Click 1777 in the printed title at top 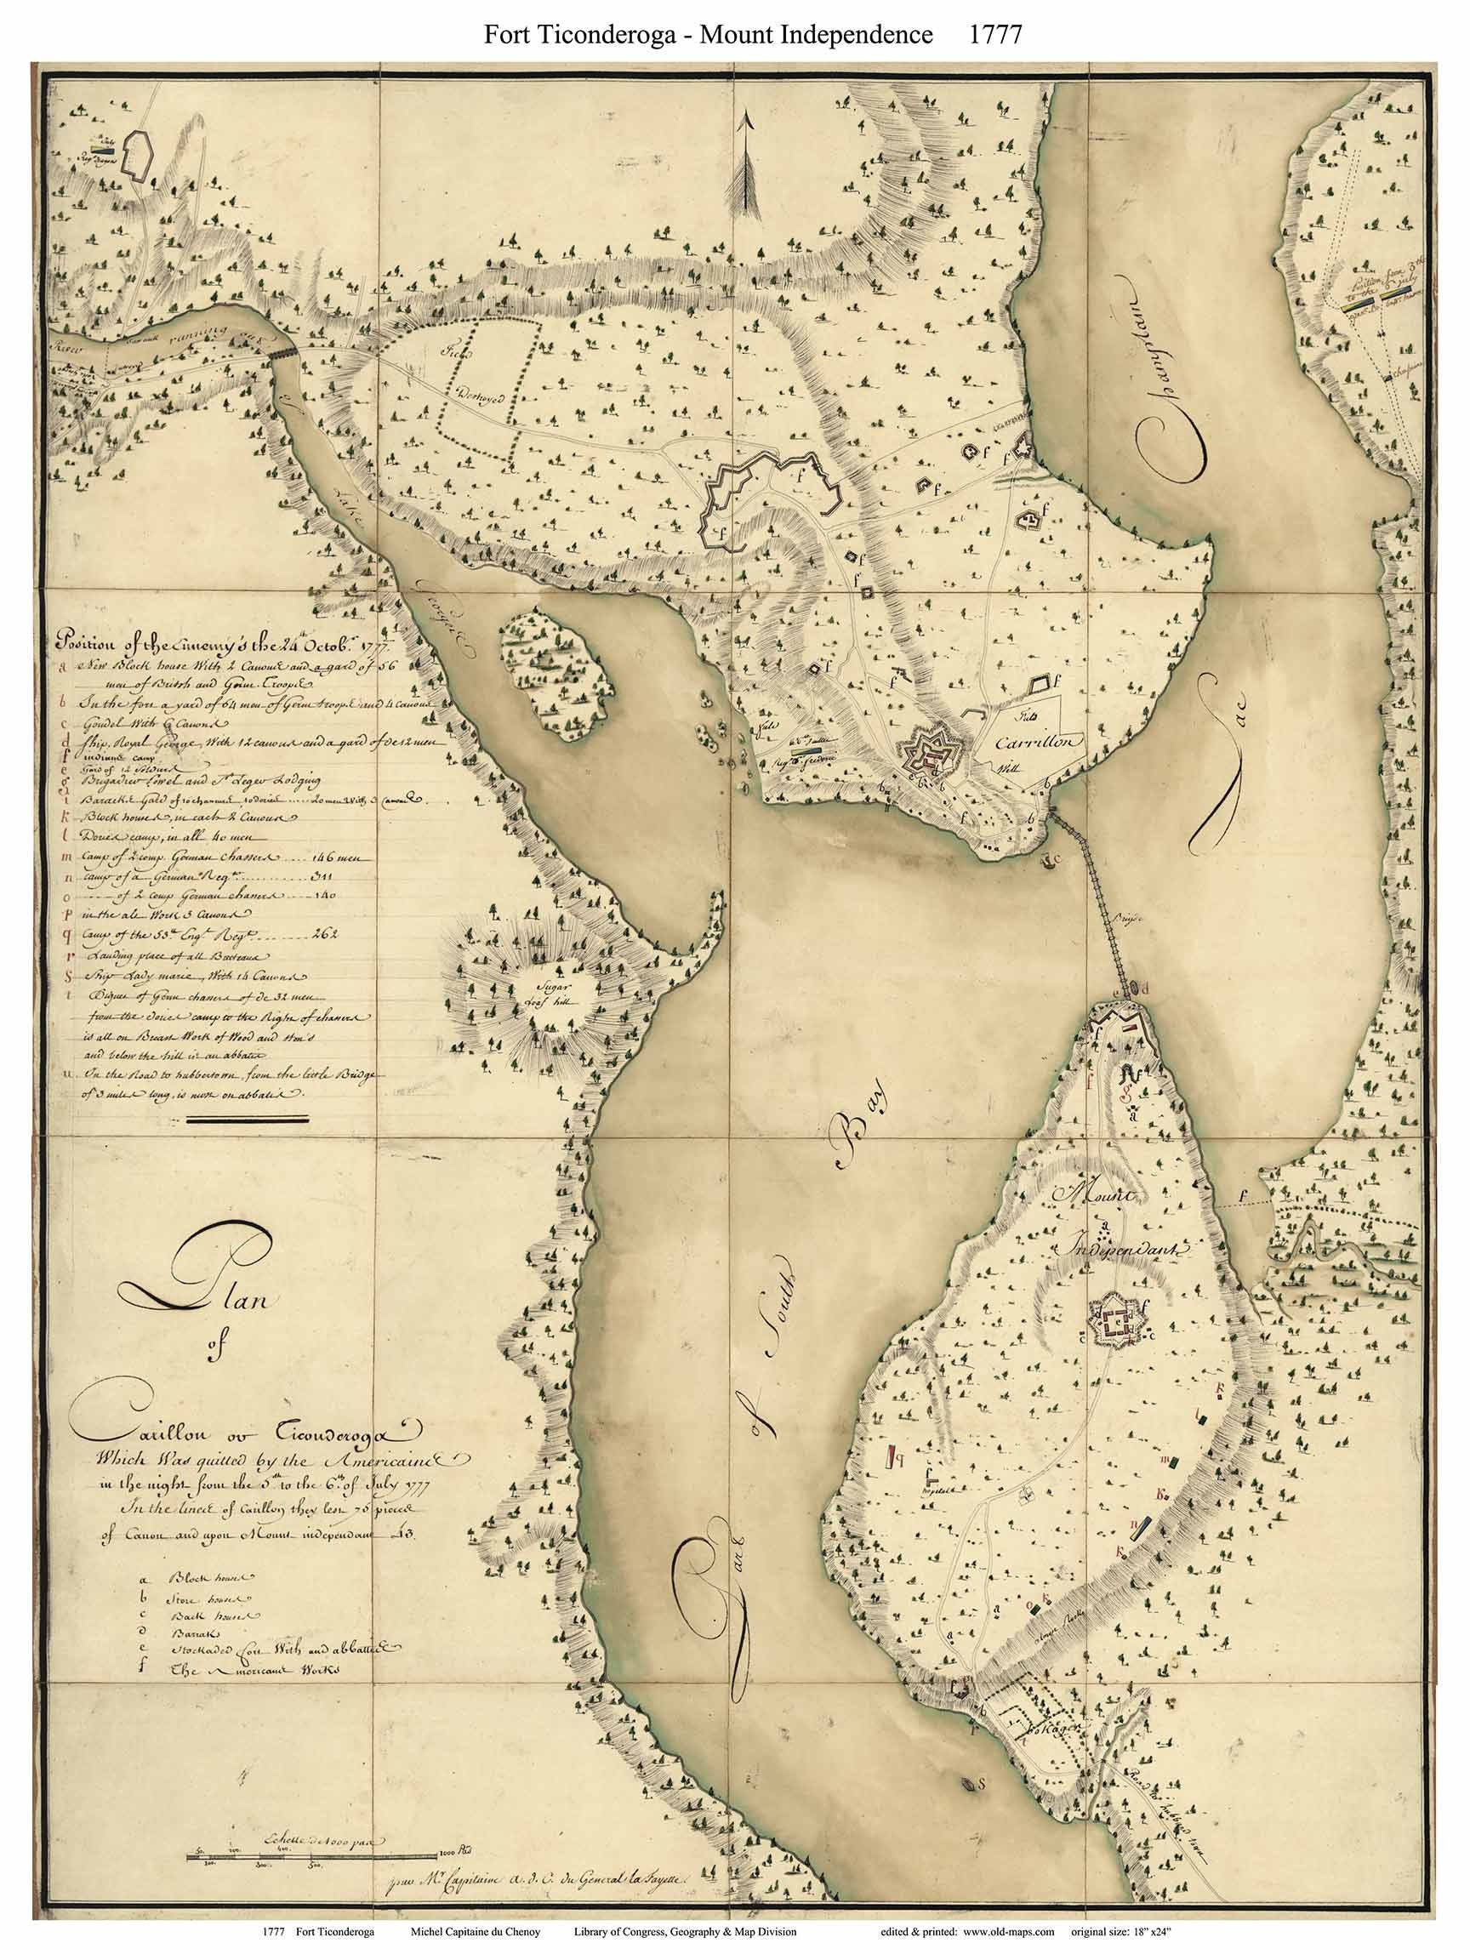point(997,34)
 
